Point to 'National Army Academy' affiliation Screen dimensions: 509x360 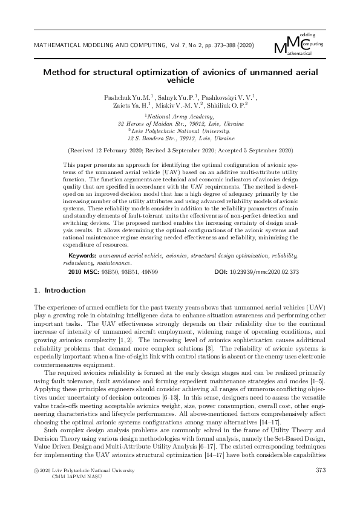click(180, 114)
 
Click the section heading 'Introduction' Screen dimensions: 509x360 click(63, 291)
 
